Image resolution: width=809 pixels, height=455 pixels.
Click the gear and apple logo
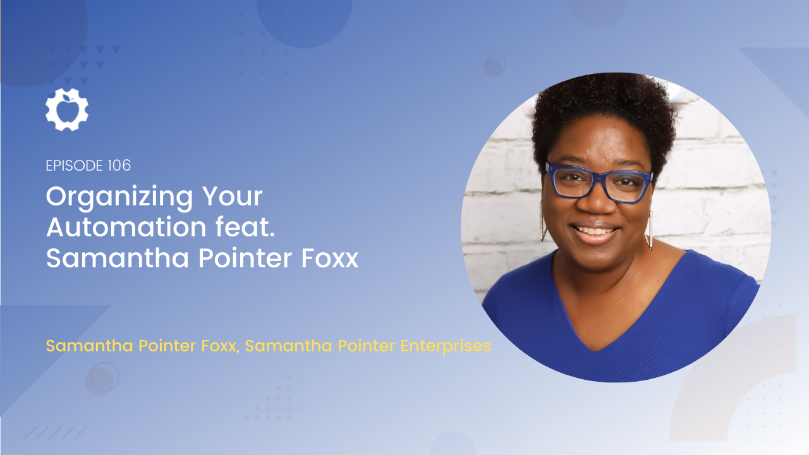67,109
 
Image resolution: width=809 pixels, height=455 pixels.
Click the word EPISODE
75,166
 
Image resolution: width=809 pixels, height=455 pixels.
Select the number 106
119,166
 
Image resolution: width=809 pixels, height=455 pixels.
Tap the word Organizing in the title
119,198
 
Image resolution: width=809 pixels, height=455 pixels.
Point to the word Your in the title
232,197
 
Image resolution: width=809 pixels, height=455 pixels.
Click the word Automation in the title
126,227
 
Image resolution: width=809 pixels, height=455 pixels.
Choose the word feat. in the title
246,227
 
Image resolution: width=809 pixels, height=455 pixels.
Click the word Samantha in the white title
118,258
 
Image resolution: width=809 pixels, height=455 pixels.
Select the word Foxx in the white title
329,258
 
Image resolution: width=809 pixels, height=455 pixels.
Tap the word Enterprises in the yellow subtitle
446,346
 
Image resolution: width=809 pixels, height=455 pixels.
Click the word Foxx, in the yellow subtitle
221,346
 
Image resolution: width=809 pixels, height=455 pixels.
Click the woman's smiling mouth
594,232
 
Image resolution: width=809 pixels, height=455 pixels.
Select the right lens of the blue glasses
628,186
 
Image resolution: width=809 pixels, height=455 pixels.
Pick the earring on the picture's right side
650,231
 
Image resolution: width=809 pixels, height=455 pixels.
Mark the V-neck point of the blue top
596,349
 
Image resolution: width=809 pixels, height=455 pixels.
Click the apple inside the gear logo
67,109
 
